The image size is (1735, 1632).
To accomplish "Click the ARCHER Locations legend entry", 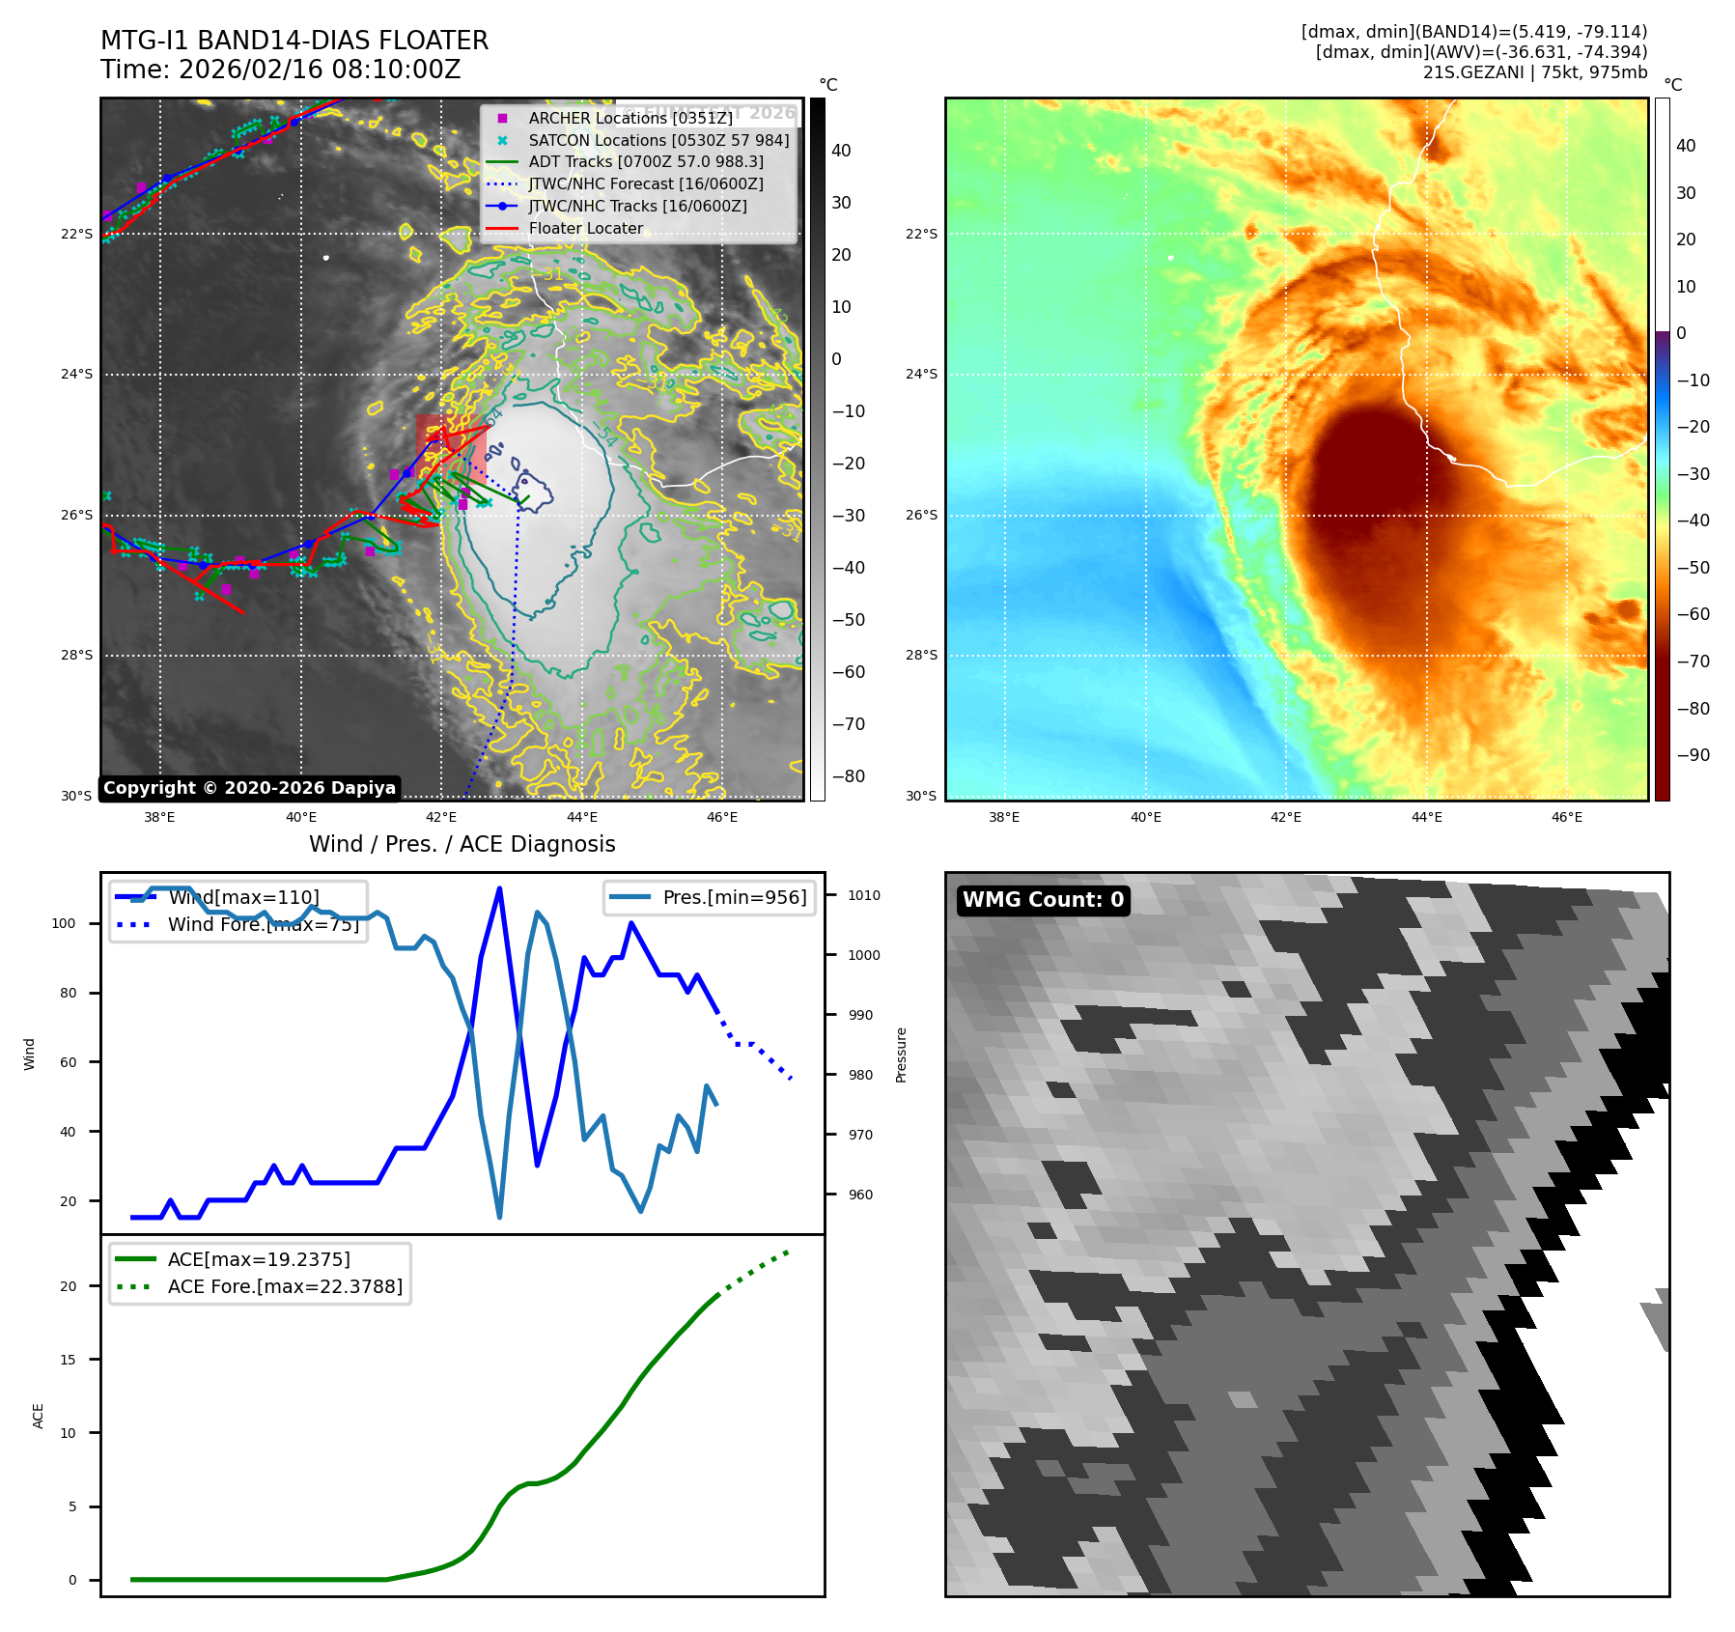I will (x=630, y=118).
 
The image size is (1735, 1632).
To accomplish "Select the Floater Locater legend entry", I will (x=585, y=228).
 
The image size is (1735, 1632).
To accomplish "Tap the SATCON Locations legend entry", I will (x=658, y=140).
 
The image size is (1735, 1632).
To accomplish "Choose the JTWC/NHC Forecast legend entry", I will (x=645, y=183).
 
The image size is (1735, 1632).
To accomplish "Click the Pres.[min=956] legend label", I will (x=734, y=897).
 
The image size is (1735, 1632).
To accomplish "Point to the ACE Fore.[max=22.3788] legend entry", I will (x=285, y=1286).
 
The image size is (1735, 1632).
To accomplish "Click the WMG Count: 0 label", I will (x=1043, y=900).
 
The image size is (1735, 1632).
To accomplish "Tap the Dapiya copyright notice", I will (x=249, y=788).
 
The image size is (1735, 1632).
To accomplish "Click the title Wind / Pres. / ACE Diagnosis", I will (x=462, y=844).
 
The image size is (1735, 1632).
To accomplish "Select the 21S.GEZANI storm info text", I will (x=1534, y=72).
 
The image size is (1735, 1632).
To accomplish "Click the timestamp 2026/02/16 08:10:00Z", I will (x=320, y=70).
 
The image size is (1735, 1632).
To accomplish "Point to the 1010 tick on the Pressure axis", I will (x=863, y=895).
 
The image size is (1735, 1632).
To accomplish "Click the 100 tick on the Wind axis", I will (x=64, y=923).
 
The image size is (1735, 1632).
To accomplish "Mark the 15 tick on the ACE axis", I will (x=68, y=1360).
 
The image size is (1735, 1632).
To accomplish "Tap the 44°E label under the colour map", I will (x=1426, y=817).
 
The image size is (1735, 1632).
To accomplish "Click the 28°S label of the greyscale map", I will (x=77, y=656).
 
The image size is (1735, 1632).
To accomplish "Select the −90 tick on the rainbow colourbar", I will (x=1693, y=755).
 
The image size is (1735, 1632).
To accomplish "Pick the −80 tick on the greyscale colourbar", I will (x=848, y=776).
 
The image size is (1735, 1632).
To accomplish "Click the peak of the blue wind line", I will (x=499, y=888).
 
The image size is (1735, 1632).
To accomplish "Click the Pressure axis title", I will (x=901, y=1055).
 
